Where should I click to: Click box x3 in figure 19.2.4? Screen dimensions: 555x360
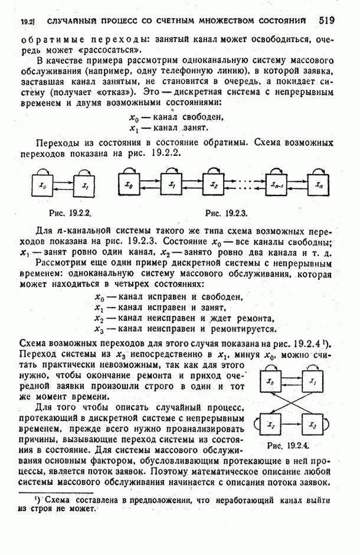313,425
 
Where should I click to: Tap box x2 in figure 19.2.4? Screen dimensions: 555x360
271,425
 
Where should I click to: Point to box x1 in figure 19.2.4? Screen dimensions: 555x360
313,383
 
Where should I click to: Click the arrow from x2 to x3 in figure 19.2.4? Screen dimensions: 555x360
292,425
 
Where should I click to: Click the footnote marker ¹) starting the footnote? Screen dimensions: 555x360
39,499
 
